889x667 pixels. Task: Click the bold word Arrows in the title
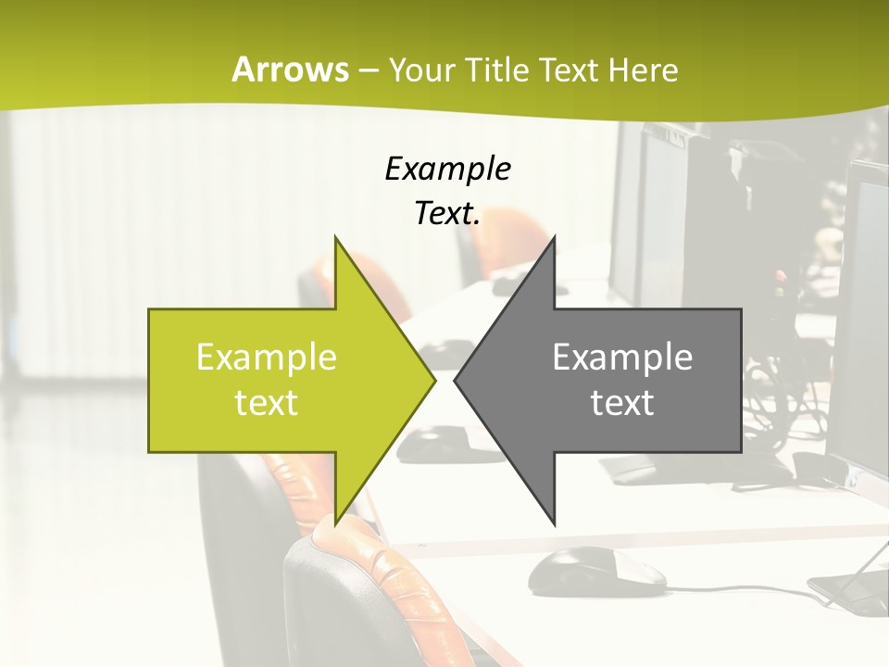[291, 69]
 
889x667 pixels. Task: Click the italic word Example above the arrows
[447, 170]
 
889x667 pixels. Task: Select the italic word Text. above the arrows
[447, 214]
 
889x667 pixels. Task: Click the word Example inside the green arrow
[267, 358]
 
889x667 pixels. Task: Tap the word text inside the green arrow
[267, 403]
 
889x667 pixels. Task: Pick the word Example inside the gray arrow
[622, 358]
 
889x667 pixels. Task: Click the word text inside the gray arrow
[622, 403]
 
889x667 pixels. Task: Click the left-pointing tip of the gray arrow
[456, 380]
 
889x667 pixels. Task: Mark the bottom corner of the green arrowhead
[335, 522]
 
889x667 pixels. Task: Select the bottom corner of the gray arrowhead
[554, 522]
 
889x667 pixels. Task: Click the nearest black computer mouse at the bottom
[596, 569]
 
